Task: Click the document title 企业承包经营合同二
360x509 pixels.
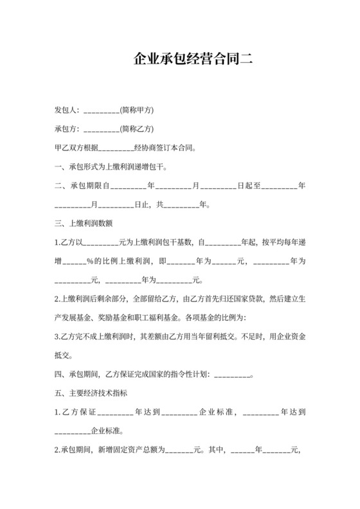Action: coord(193,60)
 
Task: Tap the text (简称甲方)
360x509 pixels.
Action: coord(136,110)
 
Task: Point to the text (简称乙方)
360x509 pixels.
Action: coord(136,129)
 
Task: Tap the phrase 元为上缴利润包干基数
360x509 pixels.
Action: coord(156,243)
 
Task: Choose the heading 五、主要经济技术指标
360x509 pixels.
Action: coord(91,393)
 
